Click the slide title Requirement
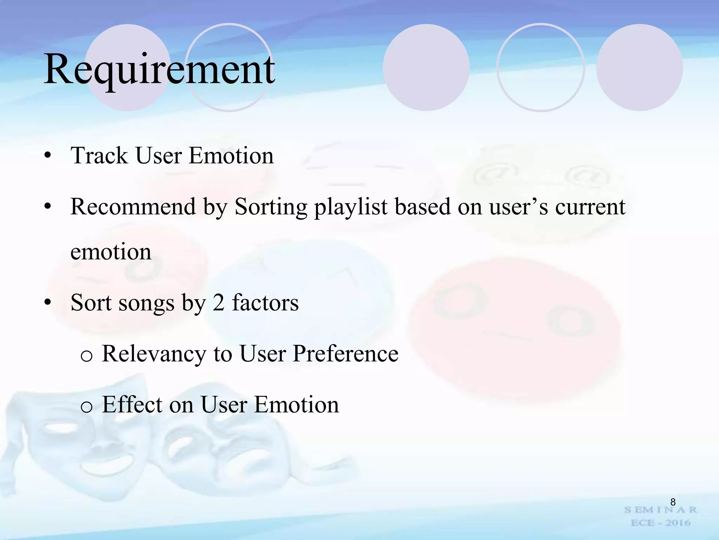coord(160,69)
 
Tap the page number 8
coord(673,502)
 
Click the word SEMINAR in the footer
coord(660,510)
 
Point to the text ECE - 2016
coord(660,523)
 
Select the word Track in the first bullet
coord(99,155)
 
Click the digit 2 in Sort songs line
coord(218,302)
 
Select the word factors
coord(265,302)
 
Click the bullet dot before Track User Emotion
coord(48,156)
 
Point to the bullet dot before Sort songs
coord(48,302)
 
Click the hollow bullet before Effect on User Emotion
coord(86,407)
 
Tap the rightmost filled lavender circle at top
coord(639,67)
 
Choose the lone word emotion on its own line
coord(111,252)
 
